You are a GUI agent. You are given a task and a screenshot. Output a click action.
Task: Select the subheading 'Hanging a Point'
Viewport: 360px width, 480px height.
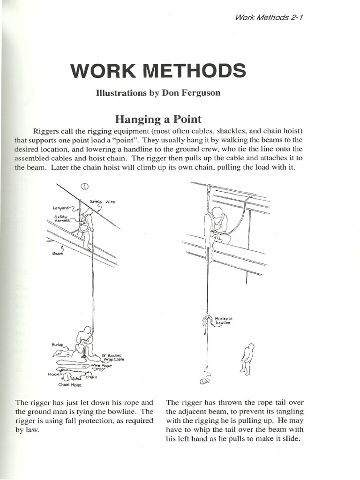pos(158,119)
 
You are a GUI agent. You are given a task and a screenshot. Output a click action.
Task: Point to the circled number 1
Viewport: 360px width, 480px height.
pos(85,186)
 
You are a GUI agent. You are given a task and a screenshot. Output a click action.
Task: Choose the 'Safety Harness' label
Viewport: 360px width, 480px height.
pos(62,218)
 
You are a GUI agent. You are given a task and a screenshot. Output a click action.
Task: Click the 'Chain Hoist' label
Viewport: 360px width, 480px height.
pos(70,385)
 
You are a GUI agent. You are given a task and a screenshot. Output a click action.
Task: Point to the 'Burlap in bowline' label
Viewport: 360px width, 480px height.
pos(224,321)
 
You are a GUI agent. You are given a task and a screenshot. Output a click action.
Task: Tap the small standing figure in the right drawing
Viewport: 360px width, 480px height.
pos(247,359)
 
